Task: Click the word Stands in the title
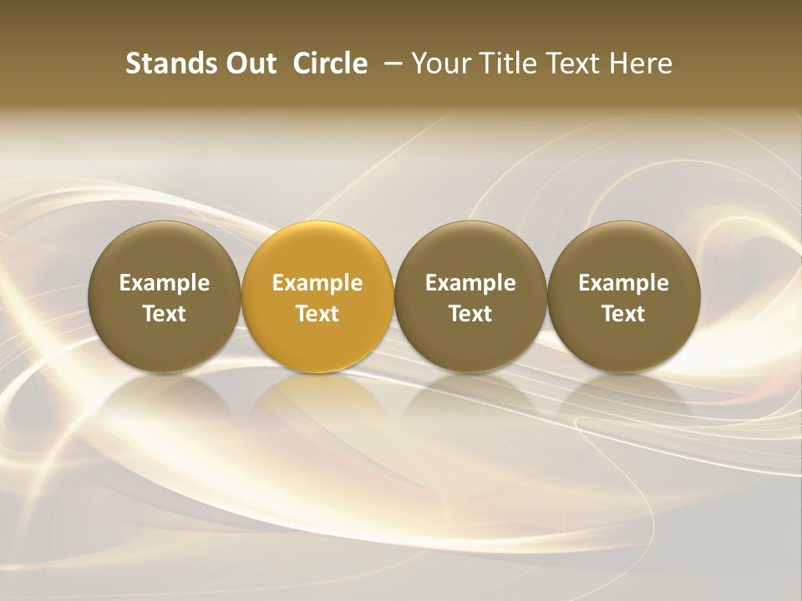[x=161, y=63]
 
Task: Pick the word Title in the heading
[x=512, y=63]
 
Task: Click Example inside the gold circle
[x=317, y=283]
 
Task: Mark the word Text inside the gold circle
[x=317, y=314]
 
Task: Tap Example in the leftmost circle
[x=165, y=283]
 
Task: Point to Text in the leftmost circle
[x=165, y=314]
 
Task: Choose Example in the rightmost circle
[x=624, y=283]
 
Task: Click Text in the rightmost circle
[x=624, y=314]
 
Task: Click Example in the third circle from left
[x=470, y=283]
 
